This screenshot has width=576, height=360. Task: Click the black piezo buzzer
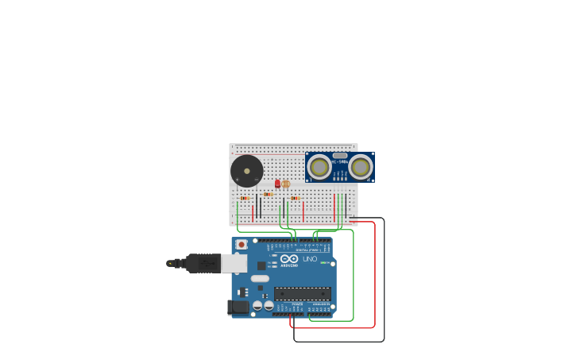tap(246, 172)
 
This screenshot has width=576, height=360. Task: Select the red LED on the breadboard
tap(277, 184)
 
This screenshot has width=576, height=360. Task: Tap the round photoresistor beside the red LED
tap(286, 184)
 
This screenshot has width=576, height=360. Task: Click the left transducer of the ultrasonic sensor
tap(319, 167)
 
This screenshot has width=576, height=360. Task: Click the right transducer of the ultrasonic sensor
tap(360, 167)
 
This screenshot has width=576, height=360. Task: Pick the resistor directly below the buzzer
tap(245, 198)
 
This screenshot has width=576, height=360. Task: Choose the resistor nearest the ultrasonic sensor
tap(295, 198)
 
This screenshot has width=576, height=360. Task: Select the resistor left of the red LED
tap(268, 194)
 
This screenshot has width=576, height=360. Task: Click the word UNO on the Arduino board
tap(310, 259)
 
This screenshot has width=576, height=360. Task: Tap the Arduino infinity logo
tap(288, 258)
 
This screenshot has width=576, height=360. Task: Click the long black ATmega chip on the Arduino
tap(302, 293)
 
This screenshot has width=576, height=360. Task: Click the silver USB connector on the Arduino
tap(234, 263)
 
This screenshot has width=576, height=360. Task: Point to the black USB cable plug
tap(203, 263)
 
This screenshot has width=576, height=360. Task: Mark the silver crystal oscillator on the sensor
tap(340, 156)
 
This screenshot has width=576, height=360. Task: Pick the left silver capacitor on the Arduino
tap(257, 305)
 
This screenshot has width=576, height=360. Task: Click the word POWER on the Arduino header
tap(297, 304)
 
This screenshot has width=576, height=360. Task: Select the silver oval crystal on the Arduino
tap(260, 278)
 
